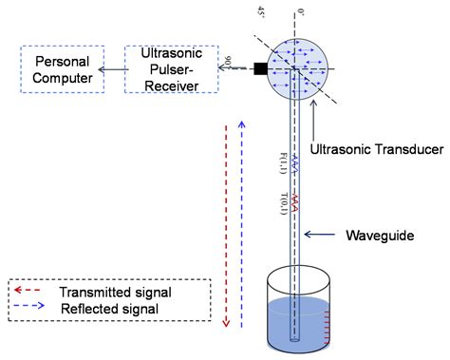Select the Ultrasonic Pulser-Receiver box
click(x=167, y=69)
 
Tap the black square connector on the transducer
click(x=260, y=67)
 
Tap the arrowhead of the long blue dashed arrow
click(x=244, y=125)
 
